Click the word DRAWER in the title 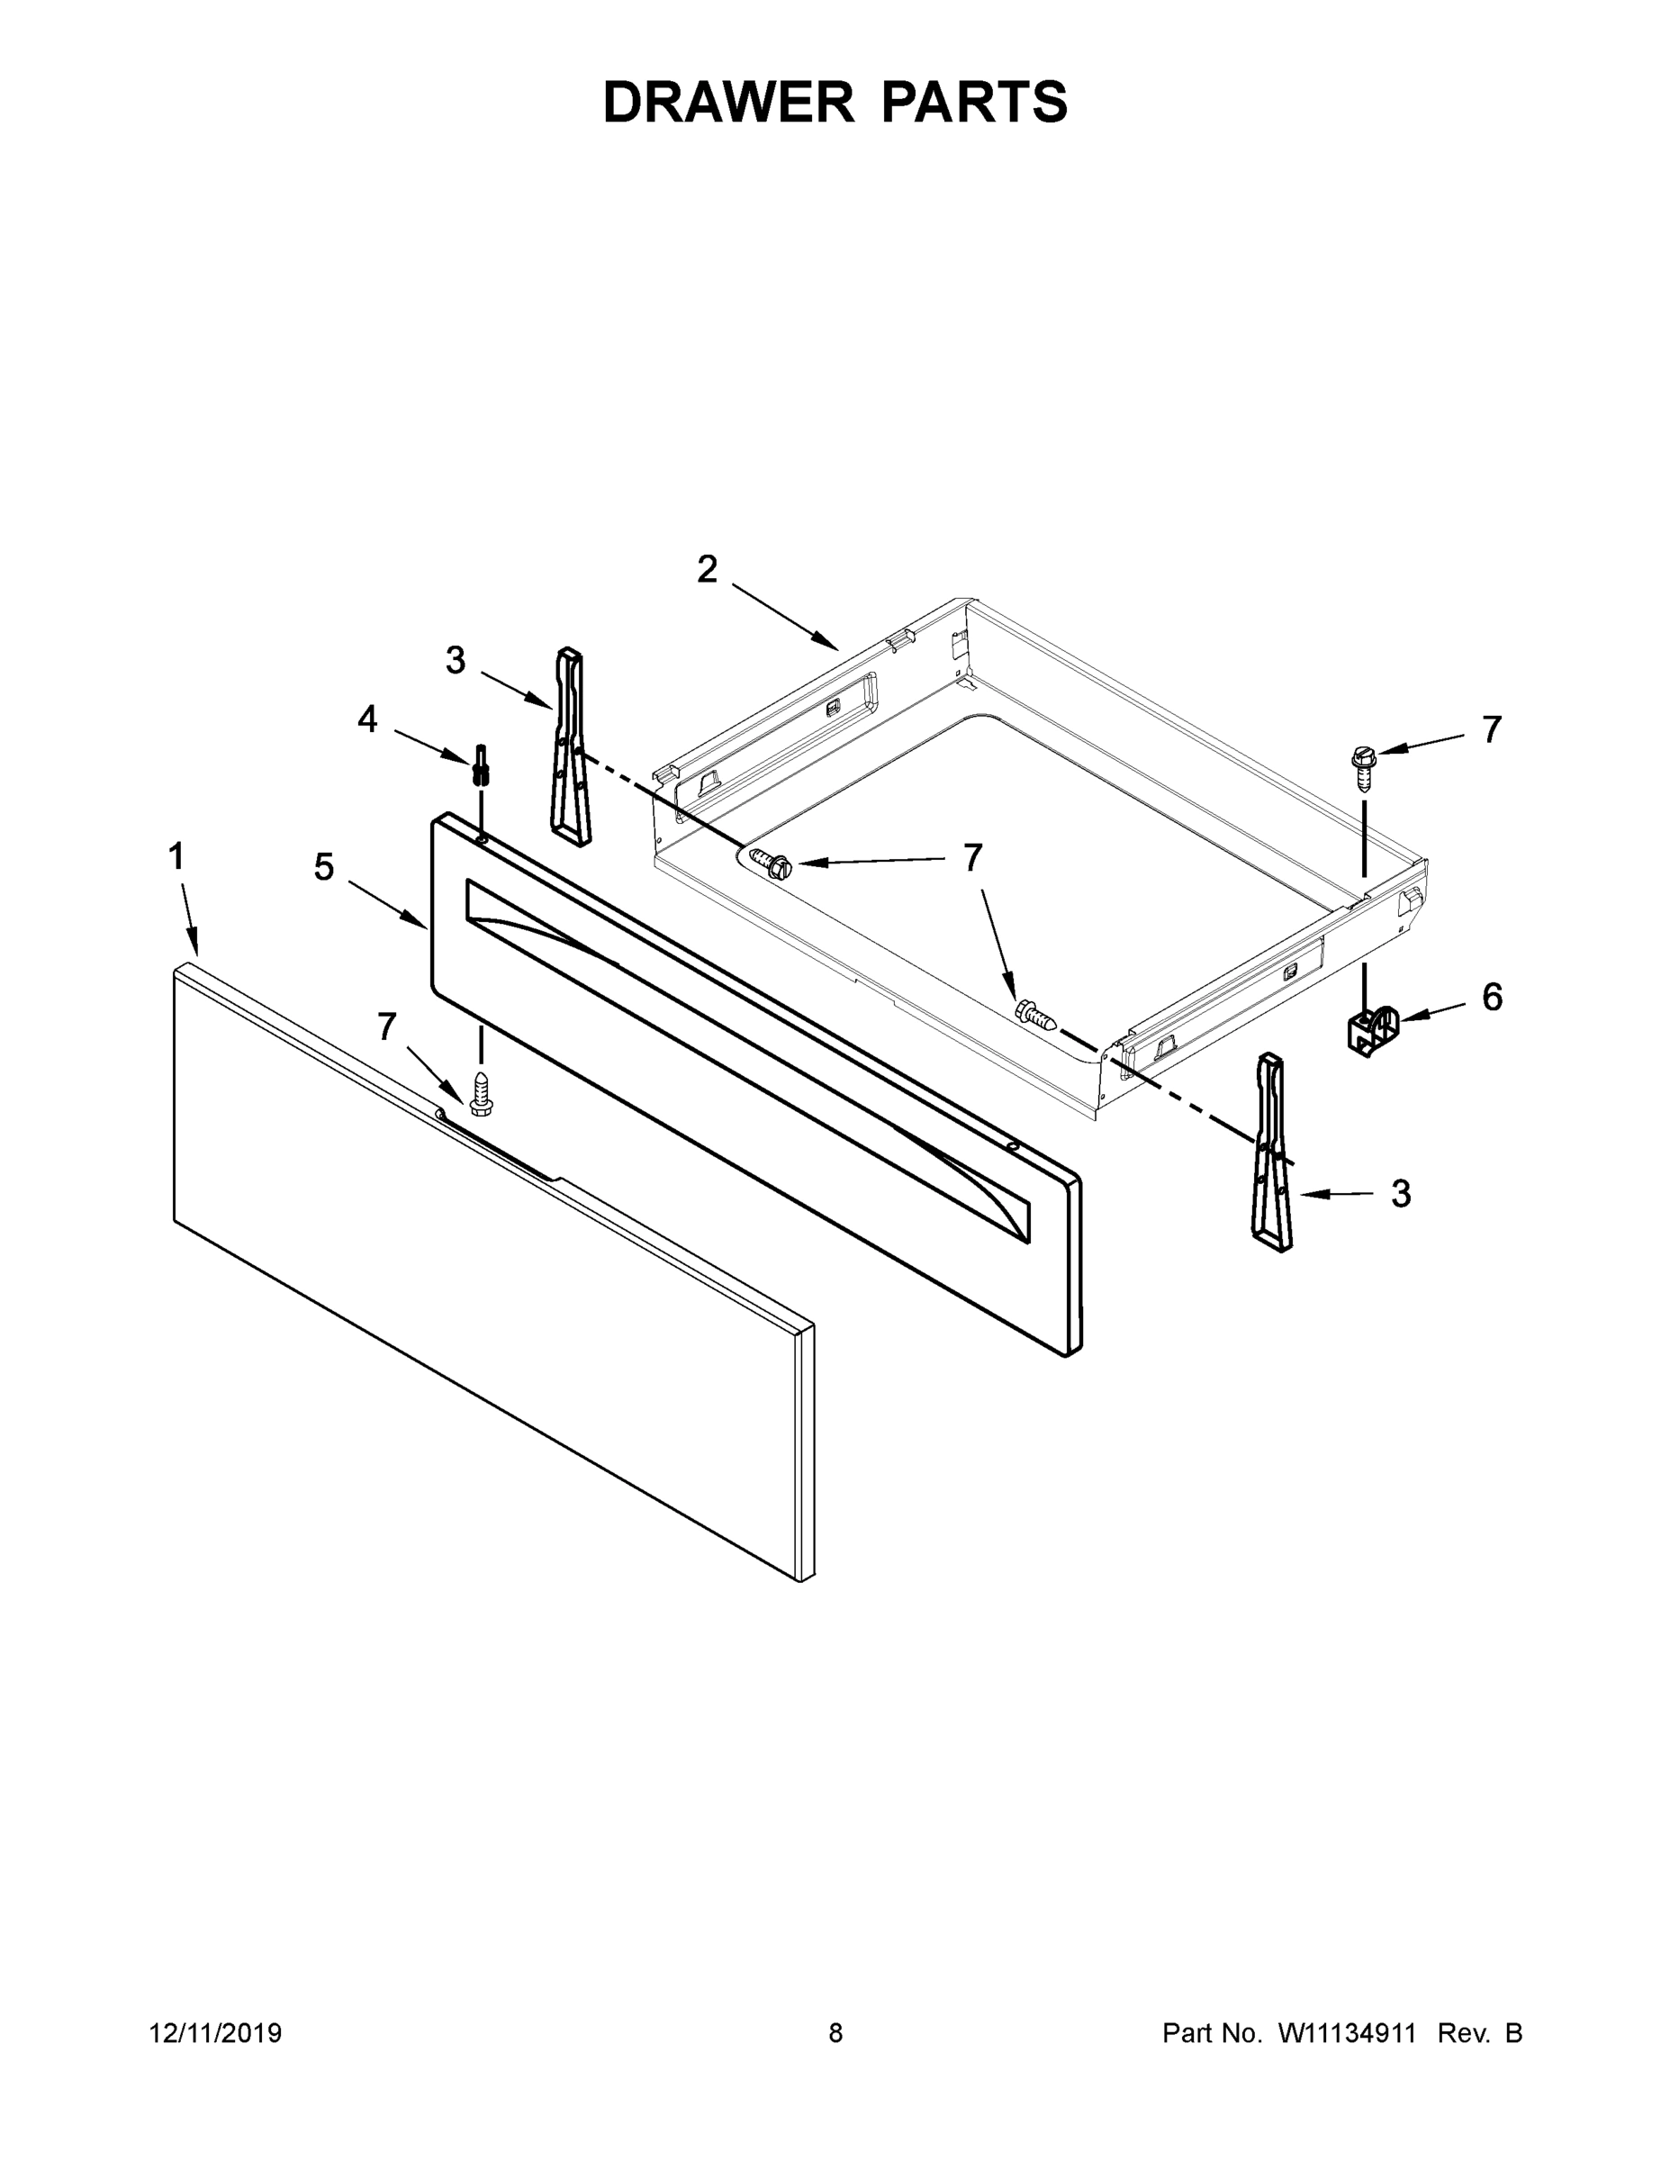click(x=727, y=102)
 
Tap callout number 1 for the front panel click(x=176, y=857)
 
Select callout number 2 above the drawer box click(x=707, y=570)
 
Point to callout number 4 click(x=367, y=719)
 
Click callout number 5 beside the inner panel click(x=323, y=868)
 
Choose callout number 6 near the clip click(x=1492, y=998)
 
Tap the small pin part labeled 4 click(x=481, y=764)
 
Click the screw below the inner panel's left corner click(x=482, y=1093)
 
